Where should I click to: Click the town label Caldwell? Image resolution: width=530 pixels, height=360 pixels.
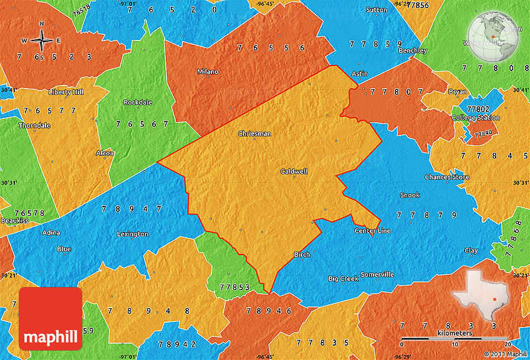click(294, 172)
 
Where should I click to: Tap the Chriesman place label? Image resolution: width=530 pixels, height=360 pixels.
click(254, 134)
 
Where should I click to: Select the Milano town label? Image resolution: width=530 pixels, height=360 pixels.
click(208, 72)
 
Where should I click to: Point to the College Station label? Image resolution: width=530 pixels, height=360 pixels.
click(475, 118)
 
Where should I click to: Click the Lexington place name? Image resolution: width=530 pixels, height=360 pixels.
click(133, 234)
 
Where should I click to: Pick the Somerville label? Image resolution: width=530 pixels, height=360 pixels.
click(377, 275)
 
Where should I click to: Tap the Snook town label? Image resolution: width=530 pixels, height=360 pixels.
click(410, 195)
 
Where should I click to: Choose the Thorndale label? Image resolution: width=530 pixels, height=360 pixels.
click(34, 125)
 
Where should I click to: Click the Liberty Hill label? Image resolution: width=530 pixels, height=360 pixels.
click(65, 92)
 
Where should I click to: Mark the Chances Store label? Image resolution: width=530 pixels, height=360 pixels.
click(446, 177)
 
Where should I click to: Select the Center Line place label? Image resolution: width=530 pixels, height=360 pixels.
click(372, 231)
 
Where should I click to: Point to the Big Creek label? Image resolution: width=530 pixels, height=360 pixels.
click(344, 279)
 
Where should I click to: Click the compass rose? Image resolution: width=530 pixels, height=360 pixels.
click(42, 41)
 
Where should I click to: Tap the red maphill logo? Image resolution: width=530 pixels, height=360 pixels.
click(51, 319)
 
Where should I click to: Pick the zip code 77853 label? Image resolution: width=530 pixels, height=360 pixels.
click(235, 287)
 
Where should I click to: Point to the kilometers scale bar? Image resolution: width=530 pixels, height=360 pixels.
click(455, 339)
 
